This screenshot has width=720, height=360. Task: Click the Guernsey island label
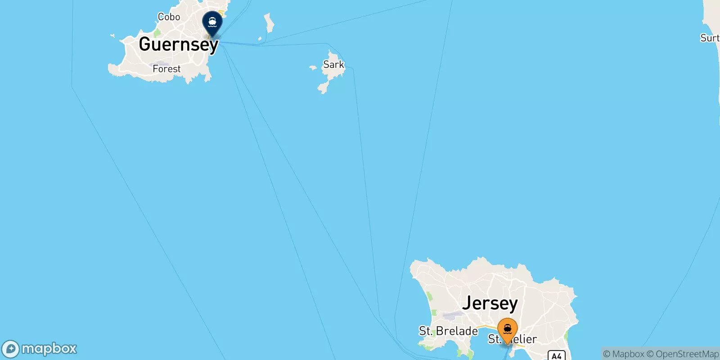tap(178, 44)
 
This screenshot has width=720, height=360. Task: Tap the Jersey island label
tap(490, 303)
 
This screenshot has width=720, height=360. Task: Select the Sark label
tap(333, 64)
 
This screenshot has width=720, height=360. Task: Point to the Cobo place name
tap(169, 17)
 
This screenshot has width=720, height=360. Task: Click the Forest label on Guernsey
tap(166, 69)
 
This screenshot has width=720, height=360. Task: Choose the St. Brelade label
tap(448, 331)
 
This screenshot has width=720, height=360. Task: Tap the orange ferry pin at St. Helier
tap(508, 331)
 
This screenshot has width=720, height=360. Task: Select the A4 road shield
tap(556, 355)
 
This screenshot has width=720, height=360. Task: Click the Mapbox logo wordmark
tap(49, 349)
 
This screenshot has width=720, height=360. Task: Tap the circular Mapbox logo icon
tap(10, 349)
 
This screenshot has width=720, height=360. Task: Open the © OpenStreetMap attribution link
tap(683, 354)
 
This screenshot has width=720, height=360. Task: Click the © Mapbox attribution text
tap(624, 354)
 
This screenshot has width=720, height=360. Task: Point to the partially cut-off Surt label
tap(710, 38)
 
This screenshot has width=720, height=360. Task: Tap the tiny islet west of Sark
tap(313, 68)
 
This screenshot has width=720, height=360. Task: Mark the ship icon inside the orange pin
tap(508, 328)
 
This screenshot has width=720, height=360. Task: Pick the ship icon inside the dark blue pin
tap(212, 21)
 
